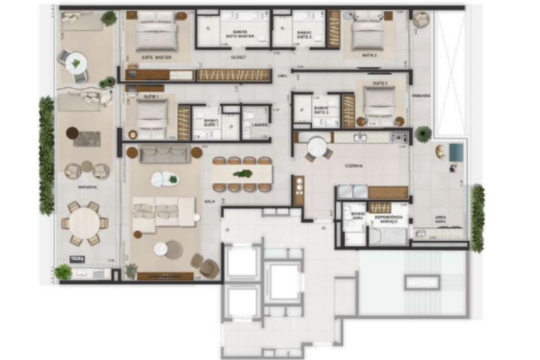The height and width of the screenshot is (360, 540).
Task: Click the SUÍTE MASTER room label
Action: pyautogui.click(x=156, y=57)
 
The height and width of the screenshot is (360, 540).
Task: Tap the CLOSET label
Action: pyautogui.click(x=238, y=57)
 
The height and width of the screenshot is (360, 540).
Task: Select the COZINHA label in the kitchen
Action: pyautogui.click(x=353, y=166)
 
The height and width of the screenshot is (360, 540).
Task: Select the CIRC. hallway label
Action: pyautogui.click(x=283, y=76)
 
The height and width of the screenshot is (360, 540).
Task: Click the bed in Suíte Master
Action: pyautogui.click(x=156, y=35)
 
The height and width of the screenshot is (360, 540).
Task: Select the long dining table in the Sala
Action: pyautogui.click(x=241, y=174)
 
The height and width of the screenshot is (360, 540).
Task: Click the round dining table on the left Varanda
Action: pyautogui.click(x=83, y=223)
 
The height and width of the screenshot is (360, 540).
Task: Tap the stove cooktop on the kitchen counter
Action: pyautogui.click(x=399, y=137)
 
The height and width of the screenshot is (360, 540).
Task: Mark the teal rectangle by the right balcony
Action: pyautogui.click(x=456, y=152)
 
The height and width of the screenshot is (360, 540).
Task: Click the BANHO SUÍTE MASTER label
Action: pyautogui.click(x=238, y=33)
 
